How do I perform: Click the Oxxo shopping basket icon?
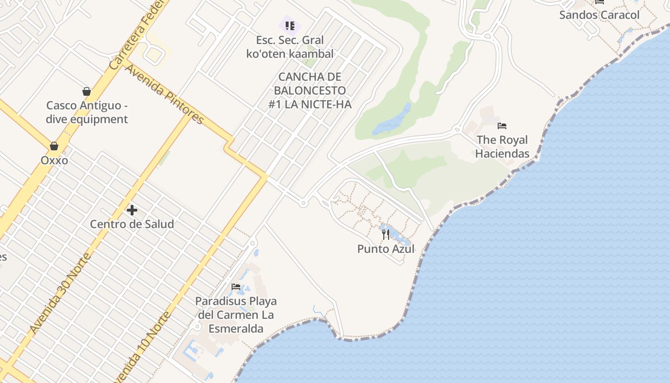pos(54,146)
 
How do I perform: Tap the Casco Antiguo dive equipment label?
pos(87,112)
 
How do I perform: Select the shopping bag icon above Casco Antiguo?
pos(87,91)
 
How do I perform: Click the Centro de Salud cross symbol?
pos(132,210)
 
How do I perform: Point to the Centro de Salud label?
pos(132,224)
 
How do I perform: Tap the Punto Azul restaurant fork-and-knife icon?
pos(386,235)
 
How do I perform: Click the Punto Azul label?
pos(386,249)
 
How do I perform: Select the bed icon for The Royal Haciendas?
pos(502,126)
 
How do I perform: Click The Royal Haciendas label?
pos(502,146)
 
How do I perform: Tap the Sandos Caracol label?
pos(599,15)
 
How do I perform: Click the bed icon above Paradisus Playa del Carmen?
pos(236,287)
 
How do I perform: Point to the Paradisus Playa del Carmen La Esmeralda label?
pos(236,315)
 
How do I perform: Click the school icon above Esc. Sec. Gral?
pos(290,25)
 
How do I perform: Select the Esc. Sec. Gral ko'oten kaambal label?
pos(290,47)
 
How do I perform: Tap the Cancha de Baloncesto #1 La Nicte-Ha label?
pos(310,90)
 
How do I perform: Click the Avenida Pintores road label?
pos(164,94)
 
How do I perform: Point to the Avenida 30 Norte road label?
pos(60,293)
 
